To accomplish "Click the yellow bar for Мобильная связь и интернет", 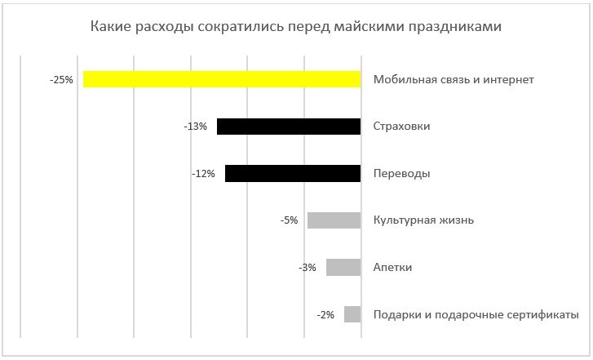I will [222, 79].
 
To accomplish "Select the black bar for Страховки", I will [289, 127].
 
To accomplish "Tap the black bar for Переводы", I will [293, 173].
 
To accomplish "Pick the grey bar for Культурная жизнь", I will [334, 220].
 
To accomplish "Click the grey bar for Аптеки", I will [343, 267].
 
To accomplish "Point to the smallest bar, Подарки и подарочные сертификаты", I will [352, 314].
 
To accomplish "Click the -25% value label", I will [61, 80].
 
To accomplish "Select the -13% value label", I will [196, 127].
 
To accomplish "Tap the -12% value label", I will [203, 174].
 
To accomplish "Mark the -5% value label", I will [288, 220].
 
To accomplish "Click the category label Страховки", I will [401, 127].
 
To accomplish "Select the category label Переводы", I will [401, 174].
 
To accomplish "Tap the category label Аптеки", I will [392, 268].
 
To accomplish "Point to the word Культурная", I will [404, 220].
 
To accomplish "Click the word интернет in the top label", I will [507, 80].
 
